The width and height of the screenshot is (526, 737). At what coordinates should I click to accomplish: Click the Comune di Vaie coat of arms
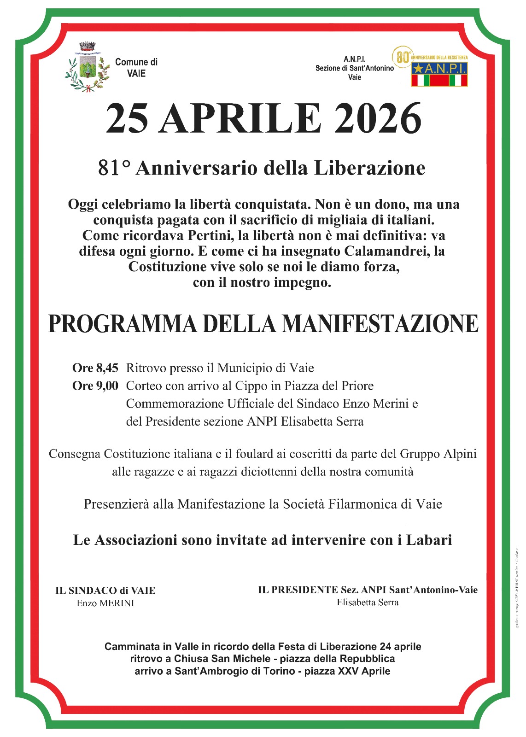(x=87, y=67)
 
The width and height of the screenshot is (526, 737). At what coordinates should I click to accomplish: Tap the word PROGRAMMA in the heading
(x=123, y=324)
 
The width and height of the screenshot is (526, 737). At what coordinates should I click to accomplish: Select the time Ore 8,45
(x=95, y=368)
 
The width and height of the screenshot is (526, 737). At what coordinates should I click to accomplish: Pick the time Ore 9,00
(x=95, y=386)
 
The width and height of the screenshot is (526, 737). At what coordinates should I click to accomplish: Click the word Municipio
(x=245, y=368)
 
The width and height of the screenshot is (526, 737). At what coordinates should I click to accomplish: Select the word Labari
(x=429, y=540)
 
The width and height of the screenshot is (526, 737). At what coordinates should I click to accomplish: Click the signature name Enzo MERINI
(x=105, y=603)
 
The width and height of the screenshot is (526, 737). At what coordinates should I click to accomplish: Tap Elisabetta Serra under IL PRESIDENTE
(x=368, y=602)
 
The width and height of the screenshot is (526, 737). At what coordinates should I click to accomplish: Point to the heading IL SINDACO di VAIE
(x=105, y=591)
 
